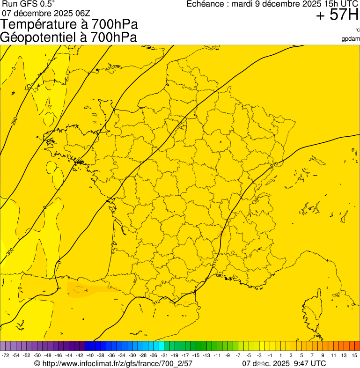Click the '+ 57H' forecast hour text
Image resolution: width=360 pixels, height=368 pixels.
337,15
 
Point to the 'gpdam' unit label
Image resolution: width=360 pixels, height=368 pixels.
351,39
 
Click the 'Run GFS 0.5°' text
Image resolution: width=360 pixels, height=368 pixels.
29,4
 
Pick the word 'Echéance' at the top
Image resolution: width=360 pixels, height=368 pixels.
206,4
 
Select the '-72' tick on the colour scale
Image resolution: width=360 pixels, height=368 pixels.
6,356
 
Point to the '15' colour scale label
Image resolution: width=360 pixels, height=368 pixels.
354,356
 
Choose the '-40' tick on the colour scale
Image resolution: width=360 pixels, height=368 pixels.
89,356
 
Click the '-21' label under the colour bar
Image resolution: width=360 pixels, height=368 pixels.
164,356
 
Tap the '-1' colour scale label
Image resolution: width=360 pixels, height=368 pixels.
270,356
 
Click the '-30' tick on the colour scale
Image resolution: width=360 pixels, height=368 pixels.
132,356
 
